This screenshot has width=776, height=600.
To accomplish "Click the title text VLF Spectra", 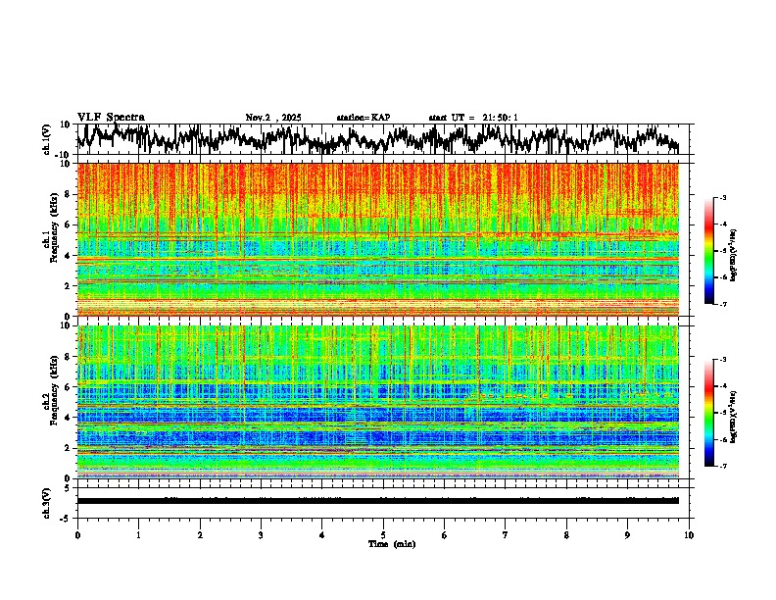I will click(111, 118).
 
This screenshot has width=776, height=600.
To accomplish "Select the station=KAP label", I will click(364, 118).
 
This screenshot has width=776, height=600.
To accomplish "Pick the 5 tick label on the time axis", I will click(383, 535).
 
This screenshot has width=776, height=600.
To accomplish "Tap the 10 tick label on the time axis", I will click(689, 535).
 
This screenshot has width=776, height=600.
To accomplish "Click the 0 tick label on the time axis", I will click(77, 535).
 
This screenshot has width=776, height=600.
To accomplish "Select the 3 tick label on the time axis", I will click(261, 535).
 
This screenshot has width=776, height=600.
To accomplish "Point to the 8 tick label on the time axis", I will click(566, 535).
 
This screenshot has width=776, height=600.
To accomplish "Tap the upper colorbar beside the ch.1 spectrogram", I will click(719, 251).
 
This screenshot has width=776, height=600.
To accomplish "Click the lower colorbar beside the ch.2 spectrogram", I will click(719, 413).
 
